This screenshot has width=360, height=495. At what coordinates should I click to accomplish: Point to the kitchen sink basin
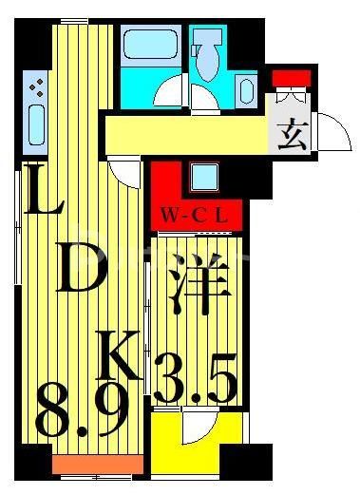tap(34, 129)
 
